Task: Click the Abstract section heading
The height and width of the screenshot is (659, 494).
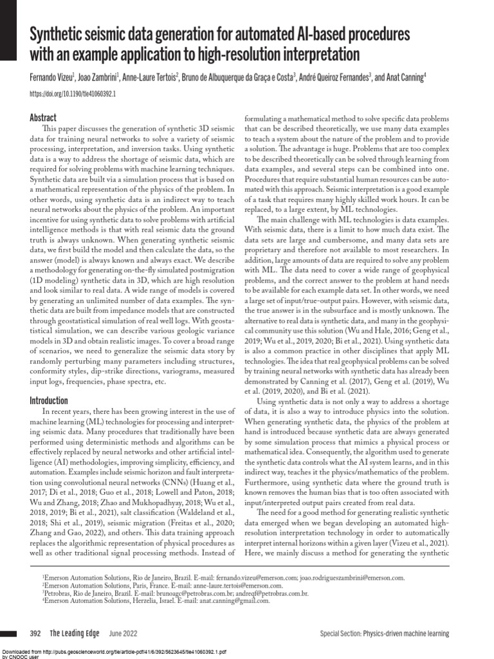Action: tap(43, 118)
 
